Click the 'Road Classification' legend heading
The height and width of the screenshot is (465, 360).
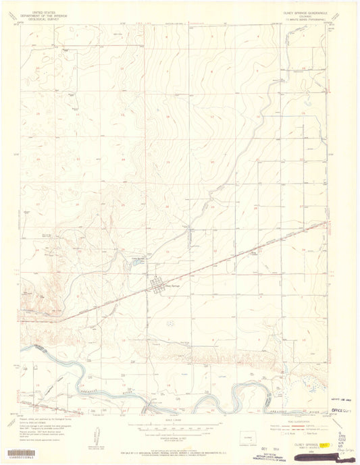tap(290, 422)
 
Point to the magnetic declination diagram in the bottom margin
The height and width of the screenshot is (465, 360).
tap(98, 432)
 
